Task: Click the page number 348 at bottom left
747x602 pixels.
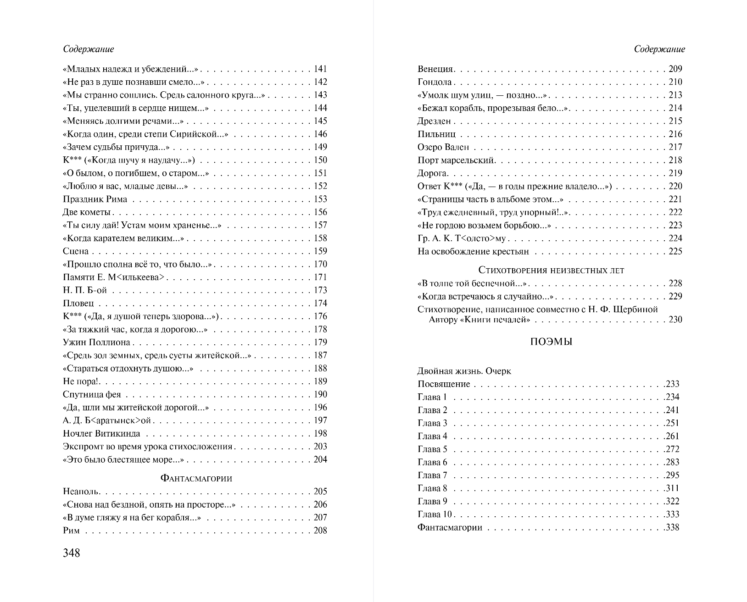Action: [72, 553]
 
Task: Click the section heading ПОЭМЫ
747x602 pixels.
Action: [551, 342]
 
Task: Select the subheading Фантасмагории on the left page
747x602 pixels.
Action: [196, 478]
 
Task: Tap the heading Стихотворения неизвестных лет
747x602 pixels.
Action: [551, 270]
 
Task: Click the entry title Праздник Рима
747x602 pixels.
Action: [95, 199]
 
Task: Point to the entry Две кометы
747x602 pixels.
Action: [87, 212]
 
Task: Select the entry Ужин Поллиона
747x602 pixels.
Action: [96, 342]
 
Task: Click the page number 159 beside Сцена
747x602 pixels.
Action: [320, 251]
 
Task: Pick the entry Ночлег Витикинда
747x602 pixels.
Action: [101, 434]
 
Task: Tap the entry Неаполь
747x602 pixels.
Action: [81, 492]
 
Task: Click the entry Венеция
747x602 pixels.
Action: [435, 69]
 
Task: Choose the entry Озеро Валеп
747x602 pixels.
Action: [443, 147]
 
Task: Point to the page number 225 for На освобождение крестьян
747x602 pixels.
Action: [675, 251]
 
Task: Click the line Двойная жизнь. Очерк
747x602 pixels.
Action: [464, 371]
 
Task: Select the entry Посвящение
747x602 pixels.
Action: [444, 384]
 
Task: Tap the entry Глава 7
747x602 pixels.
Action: [432, 475]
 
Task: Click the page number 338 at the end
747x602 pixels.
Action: [672, 527]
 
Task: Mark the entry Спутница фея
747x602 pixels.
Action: [92, 395]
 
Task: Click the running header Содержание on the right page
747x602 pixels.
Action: [659, 49]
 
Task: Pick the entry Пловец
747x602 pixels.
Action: [78, 304]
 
